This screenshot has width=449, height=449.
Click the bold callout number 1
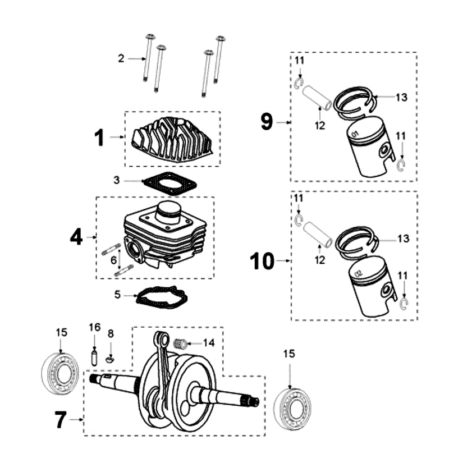tap(99, 137)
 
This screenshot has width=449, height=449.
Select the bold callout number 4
tap(76, 237)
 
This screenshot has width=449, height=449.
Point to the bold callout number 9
tap(267, 121)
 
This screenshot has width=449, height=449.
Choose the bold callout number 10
tap(263, 261)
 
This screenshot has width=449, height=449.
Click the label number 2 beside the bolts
tap(121, 58)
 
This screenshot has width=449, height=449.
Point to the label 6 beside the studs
tap(113, 260)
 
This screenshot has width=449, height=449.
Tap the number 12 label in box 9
tap(320, 126)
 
